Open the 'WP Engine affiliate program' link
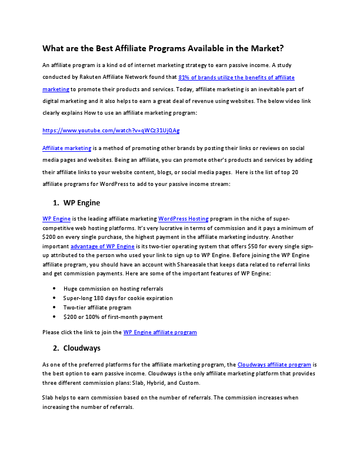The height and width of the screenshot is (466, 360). (160, 332)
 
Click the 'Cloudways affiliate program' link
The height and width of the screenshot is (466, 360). (274, 365)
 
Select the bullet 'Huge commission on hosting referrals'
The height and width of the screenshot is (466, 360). (113, 288)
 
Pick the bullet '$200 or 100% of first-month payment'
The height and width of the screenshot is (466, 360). (113, 317)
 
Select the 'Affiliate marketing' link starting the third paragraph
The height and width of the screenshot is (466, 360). (66, 148)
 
